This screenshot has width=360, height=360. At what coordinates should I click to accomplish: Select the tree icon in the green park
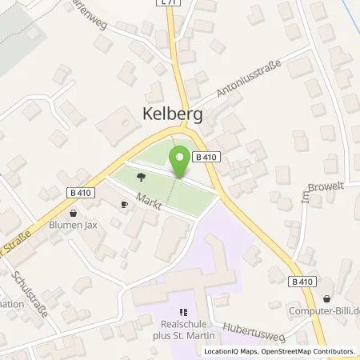141,178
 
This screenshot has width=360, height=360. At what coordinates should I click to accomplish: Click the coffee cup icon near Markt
124,204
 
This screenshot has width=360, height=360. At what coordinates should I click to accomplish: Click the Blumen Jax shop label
74,226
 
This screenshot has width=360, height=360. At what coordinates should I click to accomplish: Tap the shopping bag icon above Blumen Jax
74,214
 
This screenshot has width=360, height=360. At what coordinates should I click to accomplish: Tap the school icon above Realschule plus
185,312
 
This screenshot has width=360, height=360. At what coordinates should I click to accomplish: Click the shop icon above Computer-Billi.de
327,299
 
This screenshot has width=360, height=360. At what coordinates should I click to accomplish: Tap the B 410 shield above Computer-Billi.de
302,282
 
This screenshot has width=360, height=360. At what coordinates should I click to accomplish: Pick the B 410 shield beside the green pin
206,157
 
